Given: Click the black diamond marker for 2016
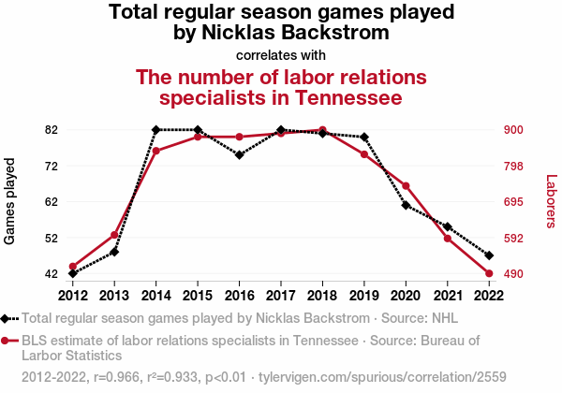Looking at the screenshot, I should click(240, 154).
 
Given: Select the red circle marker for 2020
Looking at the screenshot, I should click(406, 186).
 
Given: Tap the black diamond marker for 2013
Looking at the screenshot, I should click(114, 252).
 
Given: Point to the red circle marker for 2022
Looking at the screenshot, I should click(489, 273).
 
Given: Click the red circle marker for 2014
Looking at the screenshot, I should click(156, 151).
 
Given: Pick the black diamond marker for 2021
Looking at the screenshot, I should click(448, 226).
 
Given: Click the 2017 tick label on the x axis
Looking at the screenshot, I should click(281, 294).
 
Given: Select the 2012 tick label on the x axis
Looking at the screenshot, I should click(73, 294).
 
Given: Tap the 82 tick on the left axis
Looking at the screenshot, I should click(51, 129).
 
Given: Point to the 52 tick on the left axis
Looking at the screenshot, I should click(51, 238).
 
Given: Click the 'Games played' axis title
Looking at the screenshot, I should click(11, 202).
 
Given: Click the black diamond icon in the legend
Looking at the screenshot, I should click(7, 317).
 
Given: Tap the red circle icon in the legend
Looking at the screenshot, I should click(7, 341).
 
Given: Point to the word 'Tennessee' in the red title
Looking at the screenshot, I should click(348, 96).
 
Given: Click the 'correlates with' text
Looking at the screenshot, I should click(281, 54).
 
